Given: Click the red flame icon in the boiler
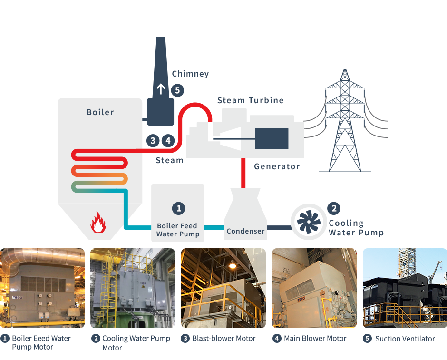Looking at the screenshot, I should [98, 222].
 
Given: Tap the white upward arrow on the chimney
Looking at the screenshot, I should [161, 88].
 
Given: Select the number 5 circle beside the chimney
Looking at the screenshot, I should [177, 89].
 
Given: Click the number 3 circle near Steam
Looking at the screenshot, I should [153, 140].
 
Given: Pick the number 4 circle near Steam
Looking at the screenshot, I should [168, 140].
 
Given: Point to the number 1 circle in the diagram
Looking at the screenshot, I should [178, 208].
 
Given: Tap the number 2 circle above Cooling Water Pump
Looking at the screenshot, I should [334, 208].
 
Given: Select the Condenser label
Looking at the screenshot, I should [245, 231].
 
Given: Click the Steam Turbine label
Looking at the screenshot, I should [250, 100].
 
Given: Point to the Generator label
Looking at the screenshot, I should [277, 166].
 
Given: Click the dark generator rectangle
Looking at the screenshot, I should [272, 138].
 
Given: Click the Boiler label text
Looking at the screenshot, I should [100, 112].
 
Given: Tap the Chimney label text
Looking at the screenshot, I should [190, 74].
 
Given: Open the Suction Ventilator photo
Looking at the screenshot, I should [405, 288].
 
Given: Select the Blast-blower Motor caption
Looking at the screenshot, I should [223, 339].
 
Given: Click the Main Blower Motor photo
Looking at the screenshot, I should [314, 288].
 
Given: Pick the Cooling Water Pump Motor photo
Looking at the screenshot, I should [133, 288].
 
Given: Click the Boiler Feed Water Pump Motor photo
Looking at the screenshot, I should [42, 288].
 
